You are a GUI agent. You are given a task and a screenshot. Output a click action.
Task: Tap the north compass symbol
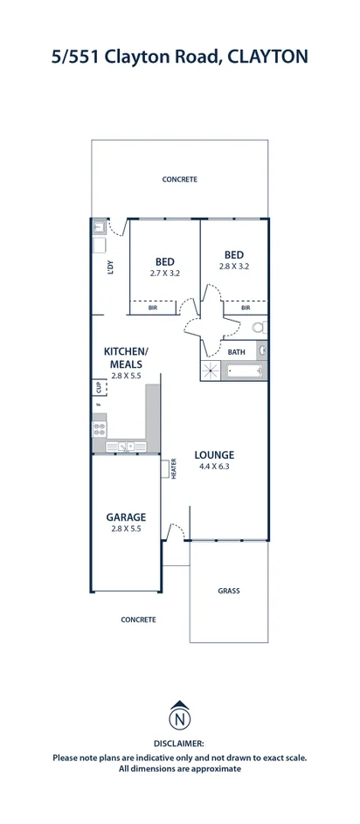click(x=179, y=720)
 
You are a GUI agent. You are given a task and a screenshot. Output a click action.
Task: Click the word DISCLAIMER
click(x=179, y=744)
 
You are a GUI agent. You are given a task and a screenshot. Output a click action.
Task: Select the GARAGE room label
click(x=126, y=516)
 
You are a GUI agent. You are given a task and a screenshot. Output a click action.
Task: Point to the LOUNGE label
click(x=214, y=454)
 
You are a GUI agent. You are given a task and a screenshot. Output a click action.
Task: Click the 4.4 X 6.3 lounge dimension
click(x=214, y=467)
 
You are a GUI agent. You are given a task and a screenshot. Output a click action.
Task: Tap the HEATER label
click(x=174, y=468)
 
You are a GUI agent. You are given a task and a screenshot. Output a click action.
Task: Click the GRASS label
click(x=229, y=591)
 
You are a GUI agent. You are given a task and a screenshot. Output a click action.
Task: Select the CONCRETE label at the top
click(x=179, y=179)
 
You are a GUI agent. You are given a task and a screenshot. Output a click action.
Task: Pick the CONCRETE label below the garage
click(x=138, y=620)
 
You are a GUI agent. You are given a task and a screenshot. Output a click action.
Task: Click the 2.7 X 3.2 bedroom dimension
click(x=164, y=274)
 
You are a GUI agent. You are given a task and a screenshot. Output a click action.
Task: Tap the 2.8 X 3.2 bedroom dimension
click(x=234, y=267)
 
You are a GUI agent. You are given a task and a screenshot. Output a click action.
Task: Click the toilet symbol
click(x=260, y=329)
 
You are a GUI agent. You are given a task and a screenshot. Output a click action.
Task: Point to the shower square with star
click(x=211, y=370)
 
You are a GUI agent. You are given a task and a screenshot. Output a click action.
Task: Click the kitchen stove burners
click(x=99, y=429)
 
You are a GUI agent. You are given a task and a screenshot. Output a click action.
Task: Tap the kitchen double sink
click(x=126, y=447)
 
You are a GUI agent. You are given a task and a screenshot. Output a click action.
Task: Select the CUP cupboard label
click(x=98, y=386)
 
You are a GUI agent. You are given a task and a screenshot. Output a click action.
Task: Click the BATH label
click(x=237, y=352)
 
